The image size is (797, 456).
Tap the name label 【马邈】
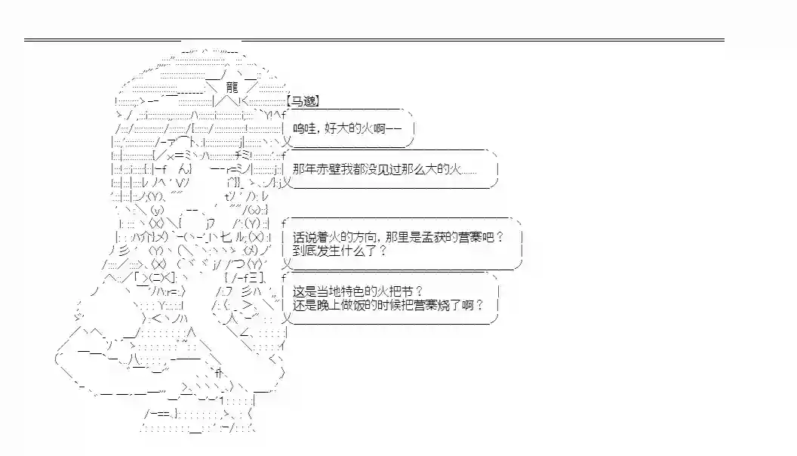pos(303,101)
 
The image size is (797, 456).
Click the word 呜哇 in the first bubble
pos(302,129)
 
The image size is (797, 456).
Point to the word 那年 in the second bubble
pos(303,169)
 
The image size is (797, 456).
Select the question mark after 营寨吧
pos(500,237)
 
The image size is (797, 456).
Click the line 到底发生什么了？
pos(339,251)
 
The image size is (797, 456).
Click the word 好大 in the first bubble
pos(334,129)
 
